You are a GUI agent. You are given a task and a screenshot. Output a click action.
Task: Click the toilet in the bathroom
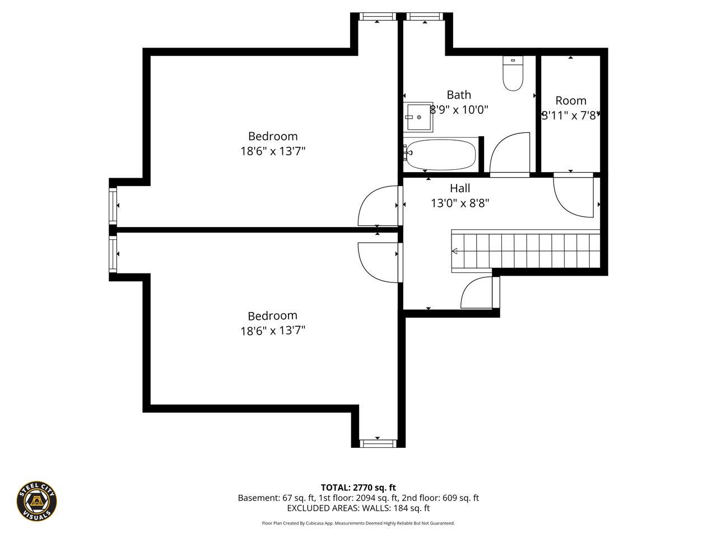(x=513, y=73)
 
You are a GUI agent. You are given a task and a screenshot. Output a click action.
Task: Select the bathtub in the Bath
(x=441, y=155)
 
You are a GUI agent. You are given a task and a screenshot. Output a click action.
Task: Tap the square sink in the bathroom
(x=418, y=117)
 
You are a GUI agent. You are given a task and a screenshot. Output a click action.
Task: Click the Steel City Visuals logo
(x=36, y=501)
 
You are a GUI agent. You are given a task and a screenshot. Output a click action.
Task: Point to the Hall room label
(x=460, y=188)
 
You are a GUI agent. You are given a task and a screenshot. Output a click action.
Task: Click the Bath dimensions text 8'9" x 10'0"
(x=459, y=109)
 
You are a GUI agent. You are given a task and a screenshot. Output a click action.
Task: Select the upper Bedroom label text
(x=273, y=136)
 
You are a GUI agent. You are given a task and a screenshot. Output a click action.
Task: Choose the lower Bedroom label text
(x=272, y=316)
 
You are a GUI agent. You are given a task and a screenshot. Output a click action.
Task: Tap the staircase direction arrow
(x=454, y=251)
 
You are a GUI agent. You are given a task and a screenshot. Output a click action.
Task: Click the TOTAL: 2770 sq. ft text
(x=358, y=488)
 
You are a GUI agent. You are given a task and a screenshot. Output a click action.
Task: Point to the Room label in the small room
(x=571, y=101)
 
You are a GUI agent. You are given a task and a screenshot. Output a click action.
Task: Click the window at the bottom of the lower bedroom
(x=378, y=443)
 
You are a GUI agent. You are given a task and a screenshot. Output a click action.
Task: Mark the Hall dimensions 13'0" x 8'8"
(x=460, y=203)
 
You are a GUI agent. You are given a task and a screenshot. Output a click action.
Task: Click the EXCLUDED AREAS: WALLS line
(x=358, y=508)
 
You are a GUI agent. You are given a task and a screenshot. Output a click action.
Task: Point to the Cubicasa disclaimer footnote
(x=358, y=523)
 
